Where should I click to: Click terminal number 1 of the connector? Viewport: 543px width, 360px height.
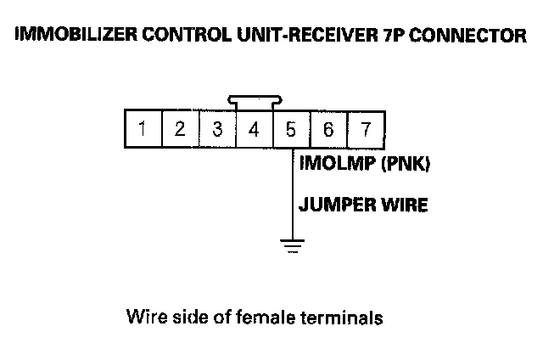click(143, 130)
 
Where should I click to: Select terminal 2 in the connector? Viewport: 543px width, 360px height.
click(180, 130)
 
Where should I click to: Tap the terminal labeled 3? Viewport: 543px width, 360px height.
click(217, 130)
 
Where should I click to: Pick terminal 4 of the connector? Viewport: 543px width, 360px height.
click(254, 130)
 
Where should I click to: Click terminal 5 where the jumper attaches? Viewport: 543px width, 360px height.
click(291, 130)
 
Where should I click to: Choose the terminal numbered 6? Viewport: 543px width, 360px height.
click(328, 130)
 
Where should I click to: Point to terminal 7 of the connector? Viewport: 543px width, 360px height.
click(366, 130)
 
